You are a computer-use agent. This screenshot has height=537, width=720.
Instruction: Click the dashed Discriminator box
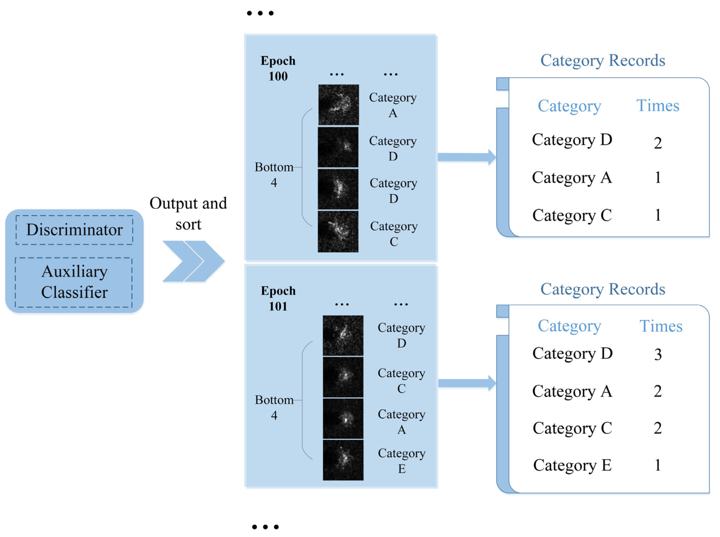pos(74,230)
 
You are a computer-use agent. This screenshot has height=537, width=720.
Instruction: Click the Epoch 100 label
pos(278,68)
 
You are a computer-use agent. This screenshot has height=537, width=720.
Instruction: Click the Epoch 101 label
pos(278,298)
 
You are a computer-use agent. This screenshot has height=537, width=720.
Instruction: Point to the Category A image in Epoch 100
pos(338,105)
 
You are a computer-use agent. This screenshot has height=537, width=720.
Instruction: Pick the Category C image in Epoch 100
pos(338,232)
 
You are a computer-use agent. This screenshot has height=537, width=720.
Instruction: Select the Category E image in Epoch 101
pos(343,460)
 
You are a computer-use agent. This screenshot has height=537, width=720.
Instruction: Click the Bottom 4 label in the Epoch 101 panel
pos(274,407)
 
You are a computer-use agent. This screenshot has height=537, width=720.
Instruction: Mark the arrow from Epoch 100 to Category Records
pos(466,157)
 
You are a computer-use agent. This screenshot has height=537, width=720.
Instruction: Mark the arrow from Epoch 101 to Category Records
pos(466,383)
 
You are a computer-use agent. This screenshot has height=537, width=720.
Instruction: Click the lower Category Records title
pos(602,289)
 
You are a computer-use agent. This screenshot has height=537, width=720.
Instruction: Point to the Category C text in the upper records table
pos(572,215)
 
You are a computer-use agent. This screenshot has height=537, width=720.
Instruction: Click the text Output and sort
pos(188,213)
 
